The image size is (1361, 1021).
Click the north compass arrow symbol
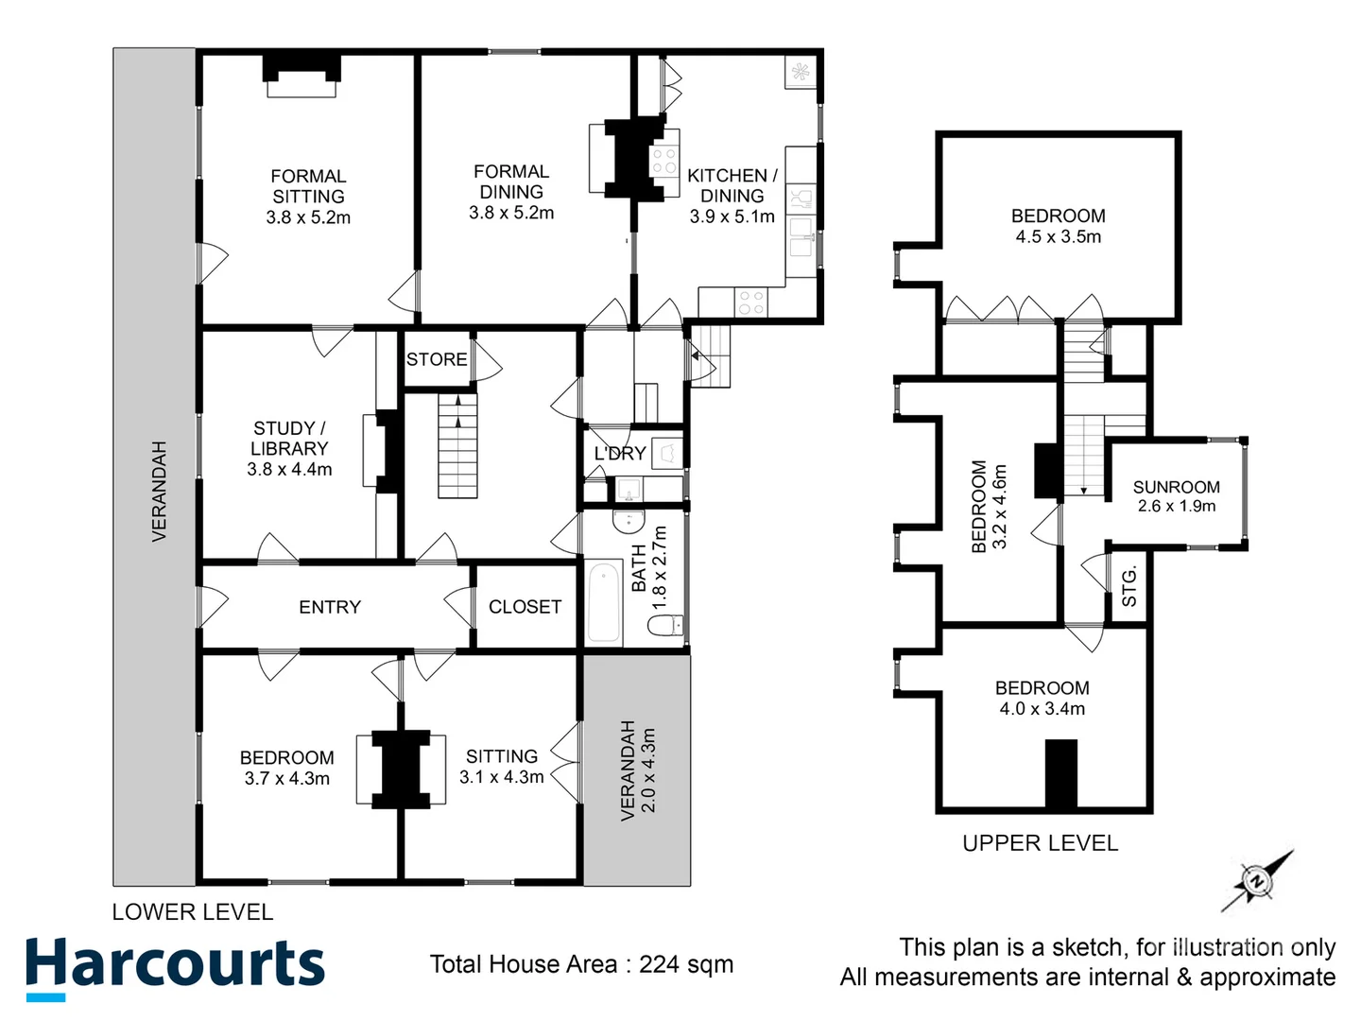(1256, 881)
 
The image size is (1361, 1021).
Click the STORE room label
(437, 359)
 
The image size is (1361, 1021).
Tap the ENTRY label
(330, 607)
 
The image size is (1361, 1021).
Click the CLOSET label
(525, 607)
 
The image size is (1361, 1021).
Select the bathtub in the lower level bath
(604, 602)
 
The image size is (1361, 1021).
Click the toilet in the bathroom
(665, 625)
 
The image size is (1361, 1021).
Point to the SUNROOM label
(1176, 487)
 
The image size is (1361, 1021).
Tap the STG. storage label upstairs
(1128, 588)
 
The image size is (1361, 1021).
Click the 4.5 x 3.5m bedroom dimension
(1058, 237)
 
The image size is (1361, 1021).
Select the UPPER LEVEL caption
(1040, 842)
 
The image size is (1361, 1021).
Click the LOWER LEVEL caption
(192, 912)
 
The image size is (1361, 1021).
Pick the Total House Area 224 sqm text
(581, 964)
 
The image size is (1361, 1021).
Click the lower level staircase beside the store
(457, 445)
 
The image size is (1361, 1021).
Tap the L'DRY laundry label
(620, 454)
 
